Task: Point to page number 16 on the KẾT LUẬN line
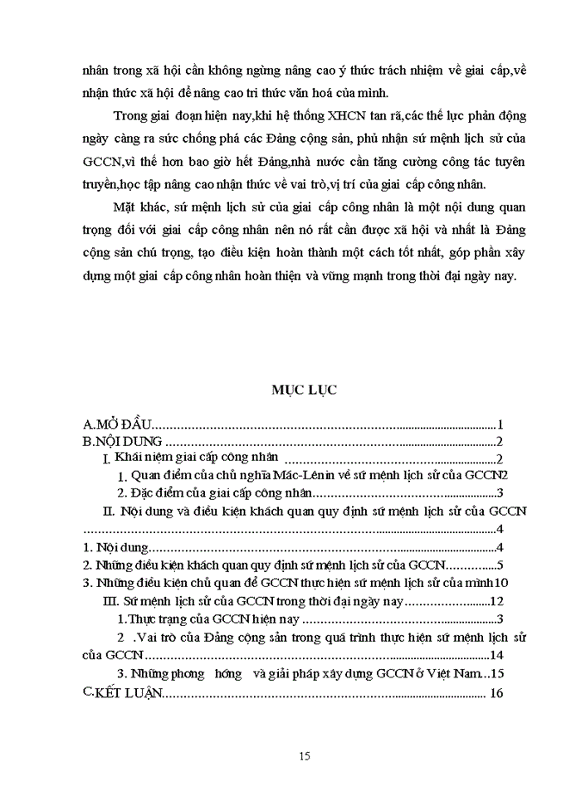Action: coord(497,693)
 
